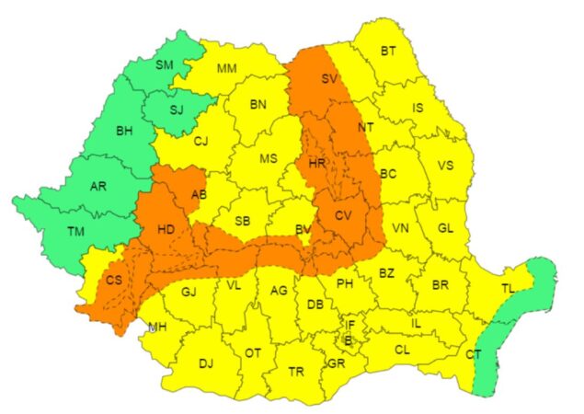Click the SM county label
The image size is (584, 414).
[x=165, y=64]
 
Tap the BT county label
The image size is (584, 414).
[x=387, y=51]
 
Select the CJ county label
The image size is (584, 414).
[x=200, y=141]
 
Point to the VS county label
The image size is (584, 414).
[x=446, y=167]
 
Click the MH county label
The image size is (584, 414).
[x=158, y=326]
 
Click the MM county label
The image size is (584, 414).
[x=227, y=68]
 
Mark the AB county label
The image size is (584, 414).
[x=199, y=193]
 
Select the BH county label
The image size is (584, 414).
[x=125, y=131]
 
